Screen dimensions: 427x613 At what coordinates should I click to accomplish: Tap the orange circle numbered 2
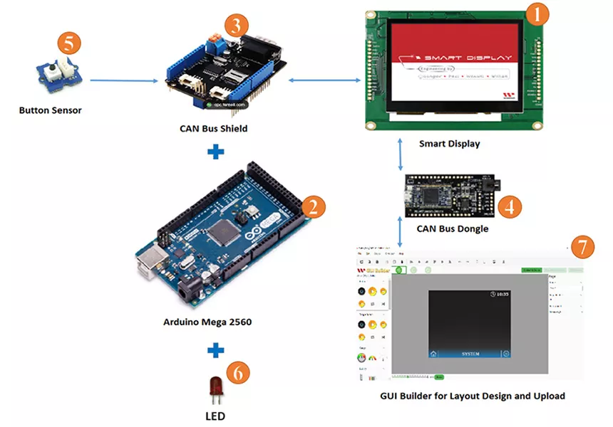coord(313,207)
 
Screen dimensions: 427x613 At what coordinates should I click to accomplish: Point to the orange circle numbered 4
coord(508,206)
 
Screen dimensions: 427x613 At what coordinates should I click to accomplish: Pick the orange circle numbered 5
coord(69,43)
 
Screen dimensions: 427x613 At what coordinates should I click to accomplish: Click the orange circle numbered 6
coord(239,372)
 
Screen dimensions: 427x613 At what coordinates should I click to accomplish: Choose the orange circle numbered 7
coord(582,248)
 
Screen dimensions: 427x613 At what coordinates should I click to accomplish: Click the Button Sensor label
coord(50,110)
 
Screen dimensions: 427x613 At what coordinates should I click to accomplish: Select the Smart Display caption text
coord(449,144)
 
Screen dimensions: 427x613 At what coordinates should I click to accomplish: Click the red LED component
coord(215,387)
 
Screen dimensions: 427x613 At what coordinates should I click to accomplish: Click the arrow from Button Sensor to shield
coord(123,81)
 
